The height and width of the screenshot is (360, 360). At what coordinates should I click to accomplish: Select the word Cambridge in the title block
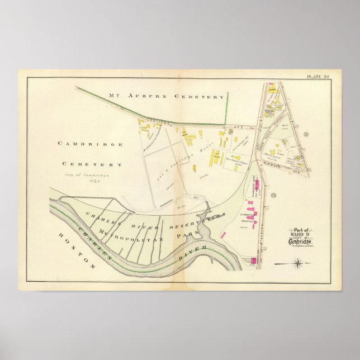tap(300, 241)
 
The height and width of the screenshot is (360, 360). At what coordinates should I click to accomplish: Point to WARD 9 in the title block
tap(301, 234)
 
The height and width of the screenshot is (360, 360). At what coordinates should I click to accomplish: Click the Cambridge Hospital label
tap(248, 217)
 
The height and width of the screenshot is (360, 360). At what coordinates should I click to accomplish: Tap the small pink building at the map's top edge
tap(271, 85)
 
